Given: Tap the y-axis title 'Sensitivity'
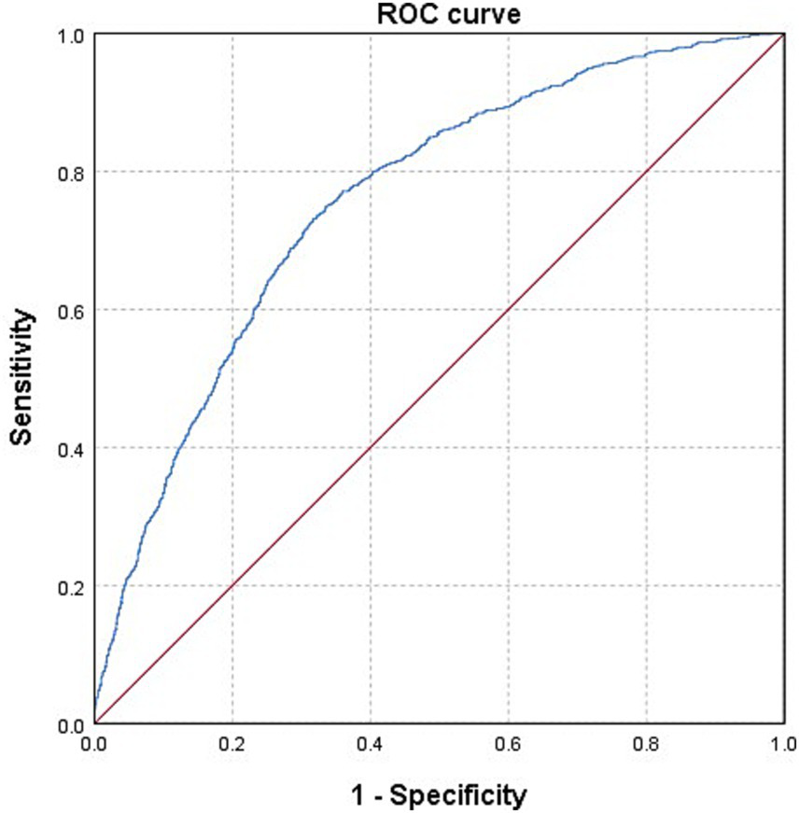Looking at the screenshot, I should [x=27, y=379].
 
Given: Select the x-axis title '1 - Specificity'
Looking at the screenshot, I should [x=439, y=795].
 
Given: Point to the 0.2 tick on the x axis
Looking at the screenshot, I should [x=231, y=744].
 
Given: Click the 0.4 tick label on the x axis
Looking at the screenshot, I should [x=370, y=744].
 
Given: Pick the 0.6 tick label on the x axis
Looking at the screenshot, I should [x=508, y=744].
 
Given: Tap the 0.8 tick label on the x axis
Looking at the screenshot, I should [x=646, y=744].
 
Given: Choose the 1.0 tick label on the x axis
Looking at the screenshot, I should [x=782, y=744].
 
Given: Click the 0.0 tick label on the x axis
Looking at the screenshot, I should [x=94, y=744].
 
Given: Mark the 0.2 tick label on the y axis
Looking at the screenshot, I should [x=71, y=586].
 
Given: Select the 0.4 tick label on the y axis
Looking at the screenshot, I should [x=71, y=448].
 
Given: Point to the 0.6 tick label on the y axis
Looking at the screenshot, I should [x=71, y=310].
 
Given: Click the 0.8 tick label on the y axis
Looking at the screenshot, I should [x=71, y=172].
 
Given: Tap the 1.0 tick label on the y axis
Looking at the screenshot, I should [x=71, y=35].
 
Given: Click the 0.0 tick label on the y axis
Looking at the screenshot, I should [x=71, y=723].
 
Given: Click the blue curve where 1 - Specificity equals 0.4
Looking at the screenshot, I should [x=370, y=173].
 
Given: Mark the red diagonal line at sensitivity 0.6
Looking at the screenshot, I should [x=508, y=310].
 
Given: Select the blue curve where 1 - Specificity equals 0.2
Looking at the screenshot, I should [x=231, y=345].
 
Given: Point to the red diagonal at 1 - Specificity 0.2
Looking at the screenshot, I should [x=231, y=586].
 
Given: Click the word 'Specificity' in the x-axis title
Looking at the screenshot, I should [x=457, y=795].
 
